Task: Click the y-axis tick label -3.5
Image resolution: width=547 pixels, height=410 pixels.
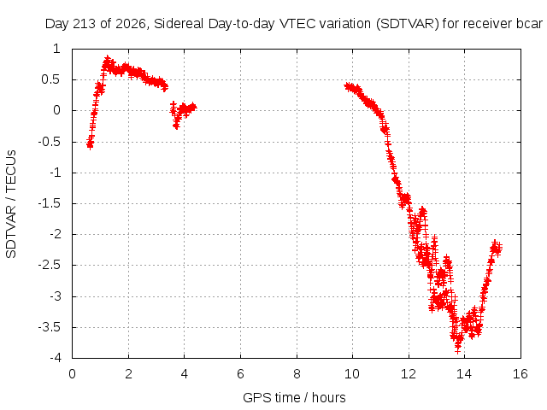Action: pyautogui.click(x=50, y=327)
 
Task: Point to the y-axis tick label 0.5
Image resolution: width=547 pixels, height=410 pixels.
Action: pyautogui.click(x=51, y=79)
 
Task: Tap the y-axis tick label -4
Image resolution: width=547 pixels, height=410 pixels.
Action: pyautogui.click(x=56, y=358)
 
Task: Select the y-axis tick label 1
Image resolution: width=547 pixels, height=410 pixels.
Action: pyautogui.click(x=57, y=49)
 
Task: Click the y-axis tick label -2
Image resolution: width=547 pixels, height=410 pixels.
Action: pyautogui.click(x=56, y=234)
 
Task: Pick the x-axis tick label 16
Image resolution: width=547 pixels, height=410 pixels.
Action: pyautogui.click(x=521, y=374)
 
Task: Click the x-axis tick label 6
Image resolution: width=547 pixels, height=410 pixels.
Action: pyautogui.click(x=240, y=374)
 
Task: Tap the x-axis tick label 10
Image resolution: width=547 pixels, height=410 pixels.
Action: pyautogui.click(x=352, y=374)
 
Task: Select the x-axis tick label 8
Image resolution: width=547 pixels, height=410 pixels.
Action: pyautogui.click(x=297, y=374)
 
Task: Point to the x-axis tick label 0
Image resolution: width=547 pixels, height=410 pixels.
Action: pyautogui.click(x=72, y=374)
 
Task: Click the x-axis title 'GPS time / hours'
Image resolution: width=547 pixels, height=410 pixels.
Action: pyautogui.click(x=294, y=398)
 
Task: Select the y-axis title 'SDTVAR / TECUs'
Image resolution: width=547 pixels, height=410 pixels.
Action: pyautogui.click(x=11, y=204)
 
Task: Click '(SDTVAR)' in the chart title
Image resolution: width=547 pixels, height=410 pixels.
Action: pyautogui.click(x=407, y=25)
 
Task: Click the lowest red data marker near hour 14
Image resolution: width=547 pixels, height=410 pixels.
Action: pyautogui.click(x=458, y=350)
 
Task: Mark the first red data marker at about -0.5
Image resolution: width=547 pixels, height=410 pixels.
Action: pyautogui.click(x=90, y=146)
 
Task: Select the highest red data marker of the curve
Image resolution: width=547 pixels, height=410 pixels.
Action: pyautogui.click(x=108, y=58)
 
